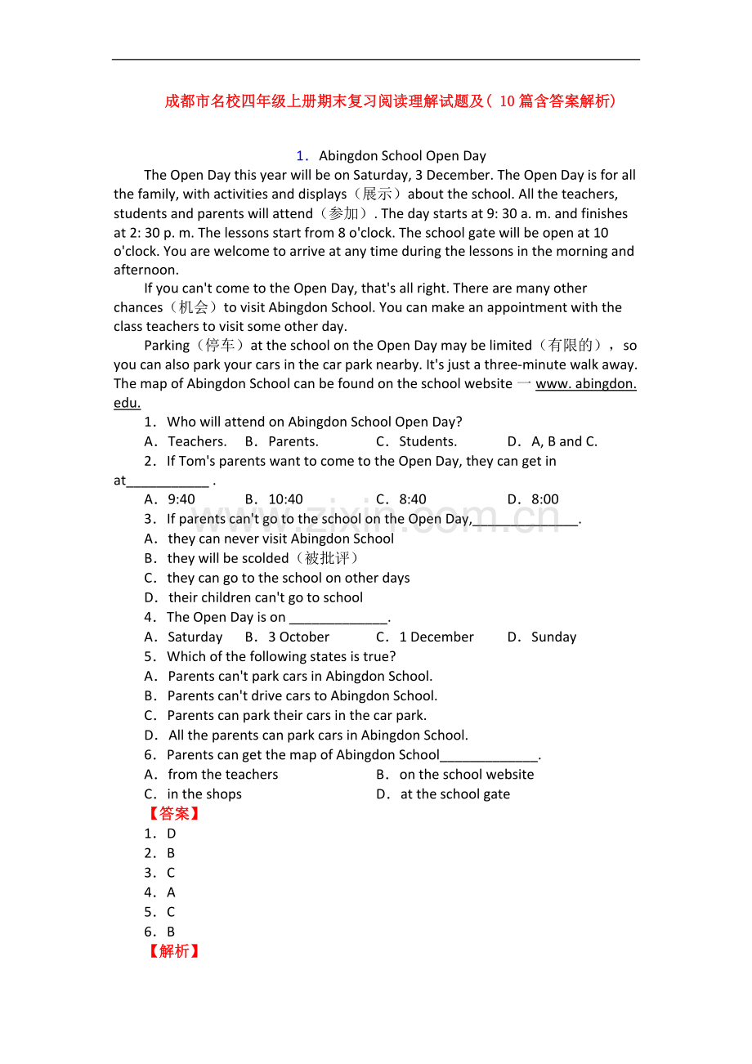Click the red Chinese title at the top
[x=390, y=101]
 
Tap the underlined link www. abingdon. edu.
[x=585, y=383]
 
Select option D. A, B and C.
[x=553, y=441]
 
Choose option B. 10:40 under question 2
[x=275, y=499]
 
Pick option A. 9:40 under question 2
[x=170, y=499]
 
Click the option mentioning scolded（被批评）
[x=252, y=558]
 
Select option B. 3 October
[x=288, y=637]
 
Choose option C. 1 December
[x=425, y=637]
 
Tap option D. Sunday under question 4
[x=542, y=637]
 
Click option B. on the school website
[x=455, y=774]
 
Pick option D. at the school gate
[x=443, y=794]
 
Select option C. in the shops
[x=194, y=794]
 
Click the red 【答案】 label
[x=174, y=813]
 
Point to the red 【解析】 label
[x=174, y=950]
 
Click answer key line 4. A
[x=160, y=892]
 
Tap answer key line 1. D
[x=160, y=834]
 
